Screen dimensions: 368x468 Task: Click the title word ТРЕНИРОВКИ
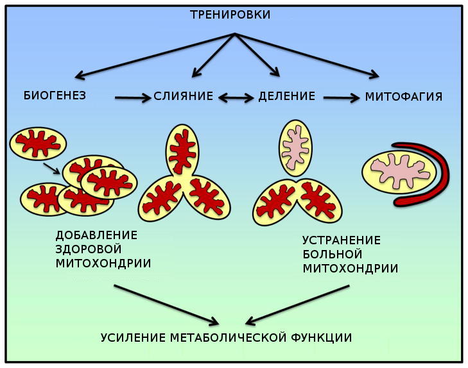coord(234,15)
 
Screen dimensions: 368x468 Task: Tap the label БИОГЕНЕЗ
coord(55,96)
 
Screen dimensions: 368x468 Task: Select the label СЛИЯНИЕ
coord(183,97)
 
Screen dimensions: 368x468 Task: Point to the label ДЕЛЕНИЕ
coord(286,97)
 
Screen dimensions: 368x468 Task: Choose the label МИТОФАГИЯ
coord(403,97)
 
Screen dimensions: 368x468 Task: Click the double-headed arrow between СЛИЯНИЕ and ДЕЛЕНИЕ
coord(236,97)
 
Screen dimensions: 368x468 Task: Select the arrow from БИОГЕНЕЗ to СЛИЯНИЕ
coord(133,97)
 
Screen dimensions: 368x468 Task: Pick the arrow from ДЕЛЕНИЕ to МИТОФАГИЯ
coord(341,97)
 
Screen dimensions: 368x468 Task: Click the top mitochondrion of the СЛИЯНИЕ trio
coord(182,151)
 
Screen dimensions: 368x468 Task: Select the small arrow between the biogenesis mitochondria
coord(52,168)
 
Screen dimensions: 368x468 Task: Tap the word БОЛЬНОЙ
coord(332,254)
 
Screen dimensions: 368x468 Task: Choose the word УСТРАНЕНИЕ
coord(342,240)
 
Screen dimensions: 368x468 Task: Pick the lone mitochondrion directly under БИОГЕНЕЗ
coord(38,144)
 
